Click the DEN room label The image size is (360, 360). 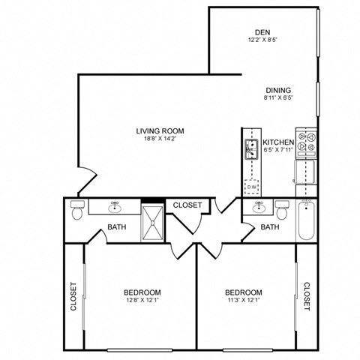[x=262, y=31]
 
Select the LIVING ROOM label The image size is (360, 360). [x=160, y=130]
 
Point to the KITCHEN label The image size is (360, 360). [x=277, y=142]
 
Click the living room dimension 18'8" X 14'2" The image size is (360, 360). [x=160, y=138]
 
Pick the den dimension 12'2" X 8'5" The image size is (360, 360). [x=262, y=39]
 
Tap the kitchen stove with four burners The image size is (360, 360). [x=306, y=142]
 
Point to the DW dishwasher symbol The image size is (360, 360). [x=253, y=186]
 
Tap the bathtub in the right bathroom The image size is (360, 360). [x=306, y=219]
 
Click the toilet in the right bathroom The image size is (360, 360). [x=282, y=209]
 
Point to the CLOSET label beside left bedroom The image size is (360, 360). [x=73, y=295]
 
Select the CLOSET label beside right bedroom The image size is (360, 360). [x=307, y=295]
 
